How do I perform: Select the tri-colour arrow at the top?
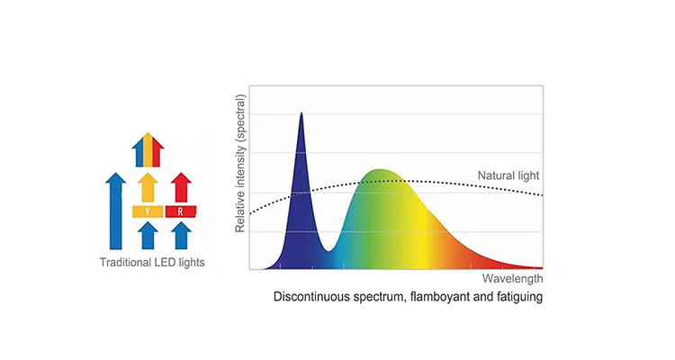click(x=148, y=151)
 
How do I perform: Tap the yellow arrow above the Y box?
click(x=147, y=189)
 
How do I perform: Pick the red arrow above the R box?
click(x=182, y=189)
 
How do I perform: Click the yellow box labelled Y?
click(x=147, y=211)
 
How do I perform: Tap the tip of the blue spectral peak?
click(x=301, y=113)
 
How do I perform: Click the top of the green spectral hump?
click(x=380, y=170)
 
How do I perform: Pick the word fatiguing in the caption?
click(x=520, y=297)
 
